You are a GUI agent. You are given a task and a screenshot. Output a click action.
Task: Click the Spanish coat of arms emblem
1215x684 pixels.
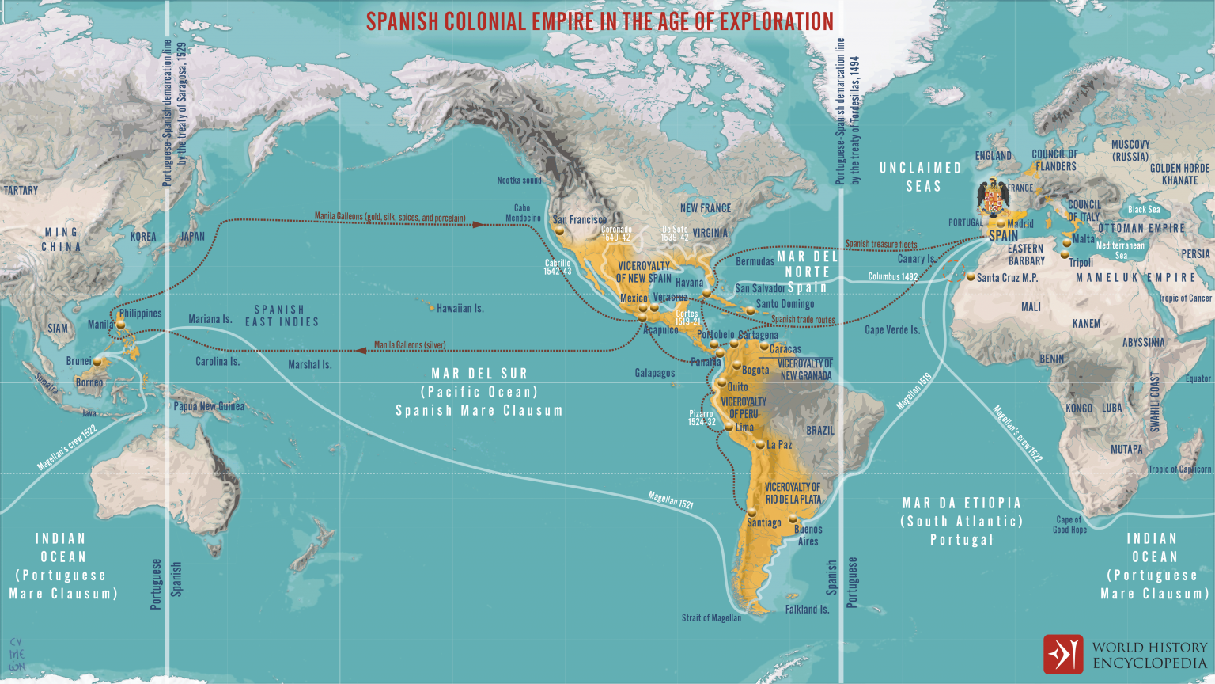coord(993,198)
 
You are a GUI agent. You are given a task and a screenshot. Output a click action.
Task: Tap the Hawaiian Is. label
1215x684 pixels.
coord(460,308)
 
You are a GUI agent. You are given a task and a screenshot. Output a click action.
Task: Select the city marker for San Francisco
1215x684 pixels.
coord(559,231)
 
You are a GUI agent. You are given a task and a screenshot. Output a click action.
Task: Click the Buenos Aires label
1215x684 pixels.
coord(808,535)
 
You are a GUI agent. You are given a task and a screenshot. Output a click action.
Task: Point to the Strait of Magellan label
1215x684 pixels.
coord(711,618)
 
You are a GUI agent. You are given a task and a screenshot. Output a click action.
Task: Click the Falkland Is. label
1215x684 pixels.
coord(807,610)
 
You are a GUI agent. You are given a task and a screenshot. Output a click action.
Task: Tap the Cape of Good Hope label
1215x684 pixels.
coord(1069,525)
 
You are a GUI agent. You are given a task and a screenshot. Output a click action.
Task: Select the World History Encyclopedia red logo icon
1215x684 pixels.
coord(1062,654)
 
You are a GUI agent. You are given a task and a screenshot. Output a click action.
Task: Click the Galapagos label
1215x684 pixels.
coord(654,373)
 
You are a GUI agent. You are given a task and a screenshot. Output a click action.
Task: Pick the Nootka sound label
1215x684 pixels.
coord(519,180)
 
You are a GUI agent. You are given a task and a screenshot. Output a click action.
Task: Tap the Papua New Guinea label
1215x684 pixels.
coord(209,406)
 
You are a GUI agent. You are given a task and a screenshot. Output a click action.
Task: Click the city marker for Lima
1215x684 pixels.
coord(729,427)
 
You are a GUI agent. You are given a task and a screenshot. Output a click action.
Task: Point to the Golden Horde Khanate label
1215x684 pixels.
coord(1179,174)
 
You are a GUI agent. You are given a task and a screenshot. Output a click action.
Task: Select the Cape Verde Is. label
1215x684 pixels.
coord(891,329)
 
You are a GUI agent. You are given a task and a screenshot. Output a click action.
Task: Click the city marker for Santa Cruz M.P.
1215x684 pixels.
coord(971,277)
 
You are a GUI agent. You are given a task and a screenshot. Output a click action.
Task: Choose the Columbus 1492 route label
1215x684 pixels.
coord(892,276)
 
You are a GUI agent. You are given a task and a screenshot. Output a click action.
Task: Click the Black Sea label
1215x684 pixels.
coord(1144,209)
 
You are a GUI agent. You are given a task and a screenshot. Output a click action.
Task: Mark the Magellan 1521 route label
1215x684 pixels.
coord(670,500)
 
